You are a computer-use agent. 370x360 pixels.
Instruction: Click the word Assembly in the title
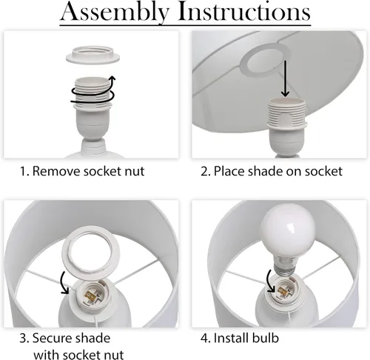click(115, 13)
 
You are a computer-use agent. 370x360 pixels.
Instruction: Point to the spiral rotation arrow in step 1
click(93, 95)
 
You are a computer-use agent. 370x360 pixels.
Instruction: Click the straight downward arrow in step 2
click(285, 79)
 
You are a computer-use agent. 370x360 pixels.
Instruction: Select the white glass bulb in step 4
click(288, 230)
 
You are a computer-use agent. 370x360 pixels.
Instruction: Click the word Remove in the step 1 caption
click(56, 171)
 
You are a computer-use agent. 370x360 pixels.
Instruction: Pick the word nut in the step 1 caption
click(135, 172)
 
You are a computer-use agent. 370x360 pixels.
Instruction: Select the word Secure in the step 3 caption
click(53, 338)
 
